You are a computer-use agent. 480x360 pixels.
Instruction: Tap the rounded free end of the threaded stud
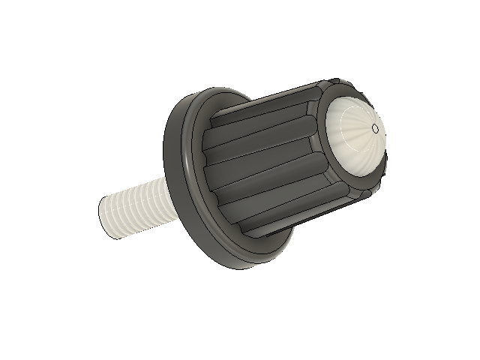[x=106, y=218]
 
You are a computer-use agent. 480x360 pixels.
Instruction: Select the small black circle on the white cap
[x=376, y=127]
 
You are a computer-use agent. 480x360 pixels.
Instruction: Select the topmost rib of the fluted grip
[x=262, y=101]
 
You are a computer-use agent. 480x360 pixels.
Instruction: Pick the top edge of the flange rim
[x=217, y=91]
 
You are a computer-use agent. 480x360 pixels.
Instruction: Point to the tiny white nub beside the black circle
[x=385, y=134]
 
